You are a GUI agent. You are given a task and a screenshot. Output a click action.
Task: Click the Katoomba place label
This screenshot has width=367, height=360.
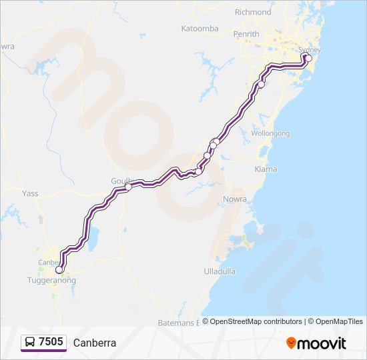click(200, 29)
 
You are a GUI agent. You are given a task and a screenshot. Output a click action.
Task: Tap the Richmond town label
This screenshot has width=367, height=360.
click(253, 12)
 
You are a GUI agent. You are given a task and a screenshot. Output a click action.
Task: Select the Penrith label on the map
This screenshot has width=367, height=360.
click(246, 34)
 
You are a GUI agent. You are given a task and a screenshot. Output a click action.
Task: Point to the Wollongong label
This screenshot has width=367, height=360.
click(270, 133)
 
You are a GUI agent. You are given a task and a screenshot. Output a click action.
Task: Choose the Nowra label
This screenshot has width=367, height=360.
click(236, 199)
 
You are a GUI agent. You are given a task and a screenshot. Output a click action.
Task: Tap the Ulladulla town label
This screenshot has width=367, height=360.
click(220, 271)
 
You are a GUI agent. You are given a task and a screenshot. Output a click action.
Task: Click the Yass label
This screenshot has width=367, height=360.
click(31, 193)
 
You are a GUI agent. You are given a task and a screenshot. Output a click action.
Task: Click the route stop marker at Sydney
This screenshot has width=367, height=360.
click(308, 58)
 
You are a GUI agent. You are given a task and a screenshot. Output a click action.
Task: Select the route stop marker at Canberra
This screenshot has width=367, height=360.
click(59, 270)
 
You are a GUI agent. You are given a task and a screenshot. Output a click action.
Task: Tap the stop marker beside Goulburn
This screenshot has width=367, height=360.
click(128, 187)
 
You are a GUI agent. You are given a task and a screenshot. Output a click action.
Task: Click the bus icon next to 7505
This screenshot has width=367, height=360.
click(30, 342)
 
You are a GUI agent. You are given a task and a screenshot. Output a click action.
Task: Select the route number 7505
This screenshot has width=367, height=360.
click(51, 342)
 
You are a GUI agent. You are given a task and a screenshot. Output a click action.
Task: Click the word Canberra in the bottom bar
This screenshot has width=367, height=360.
click(95, 343)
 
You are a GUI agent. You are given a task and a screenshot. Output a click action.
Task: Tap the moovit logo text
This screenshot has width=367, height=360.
click(322, 343)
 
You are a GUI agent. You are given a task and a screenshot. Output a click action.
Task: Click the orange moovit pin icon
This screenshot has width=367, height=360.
click(291, 343)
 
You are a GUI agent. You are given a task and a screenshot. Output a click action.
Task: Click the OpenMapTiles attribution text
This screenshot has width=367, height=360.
click(337, 321)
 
